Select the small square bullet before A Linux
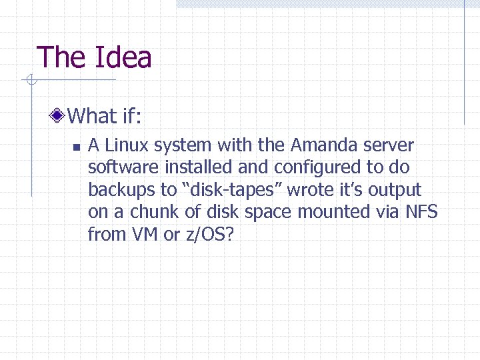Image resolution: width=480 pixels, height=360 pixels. (x=76, y=147)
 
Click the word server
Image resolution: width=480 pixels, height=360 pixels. (x=391, y=145)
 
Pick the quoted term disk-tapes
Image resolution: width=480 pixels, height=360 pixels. (x=231, y=190)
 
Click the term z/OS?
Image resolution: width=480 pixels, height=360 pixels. (x=208, y=235)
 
